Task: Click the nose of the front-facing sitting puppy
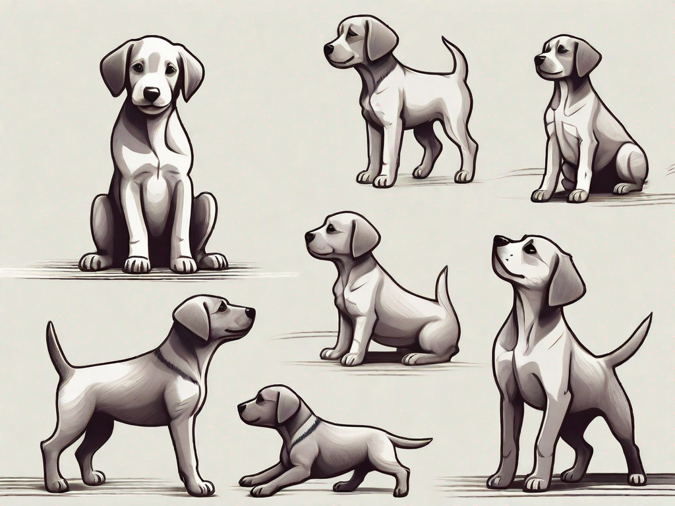click(x=152, y=94)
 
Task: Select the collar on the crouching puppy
click(x=305, y=431)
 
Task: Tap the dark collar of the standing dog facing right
click(x=175, y=366)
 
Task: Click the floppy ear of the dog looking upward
click(x=565, y=280)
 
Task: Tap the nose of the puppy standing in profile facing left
click(x=328, y=49)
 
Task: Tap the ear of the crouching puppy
click(x=287, y=407)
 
